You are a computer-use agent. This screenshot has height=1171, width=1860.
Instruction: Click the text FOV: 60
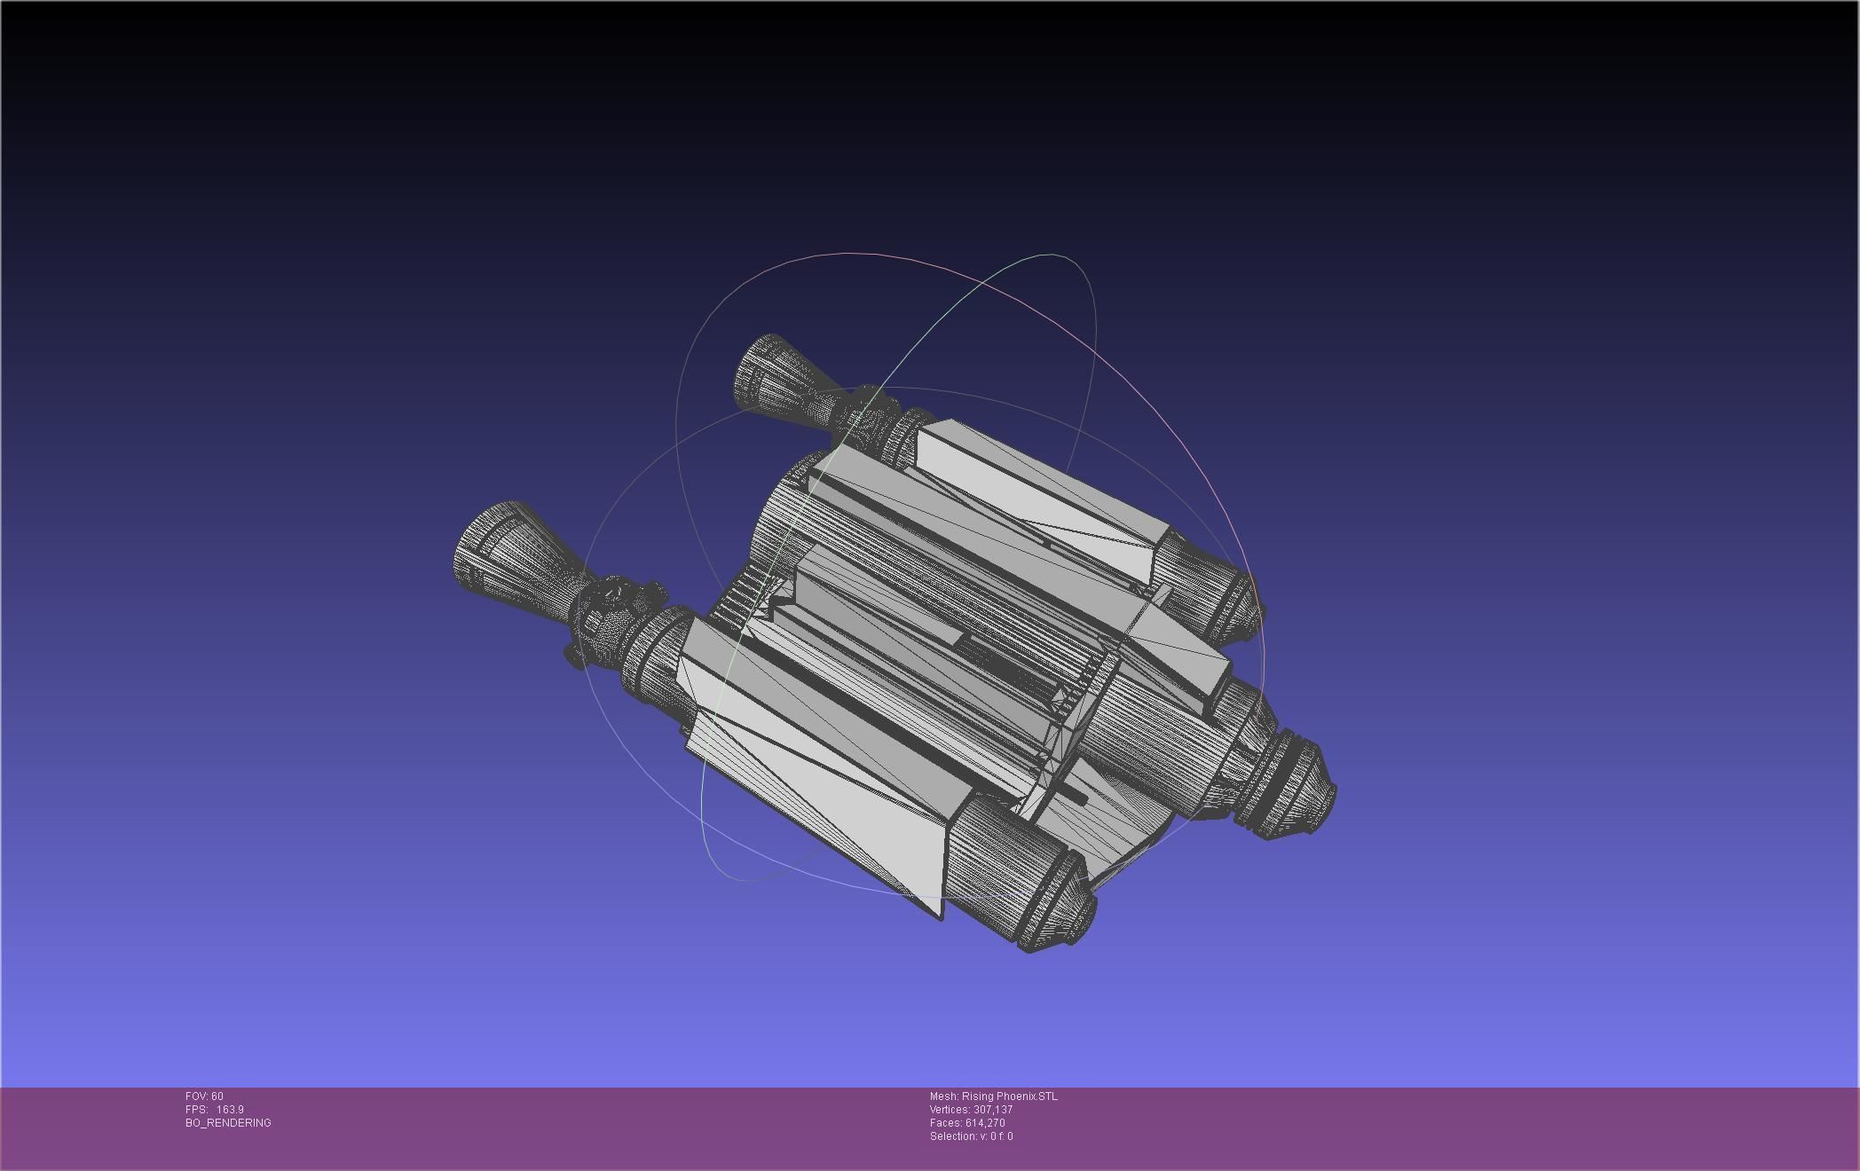pyautogui.click(x=204, y=1096)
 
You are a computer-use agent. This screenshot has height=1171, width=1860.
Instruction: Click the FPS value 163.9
pyautogui.click(x=229, y=1110)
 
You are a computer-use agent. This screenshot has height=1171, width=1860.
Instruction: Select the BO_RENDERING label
pyautogui.click(x=228, y=1123)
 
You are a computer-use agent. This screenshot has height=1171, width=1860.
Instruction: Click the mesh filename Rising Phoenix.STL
pyautogui.click(x=1009, y=1096)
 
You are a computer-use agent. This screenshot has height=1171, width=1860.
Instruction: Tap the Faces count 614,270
pyautogui.click(x=985, y=1123)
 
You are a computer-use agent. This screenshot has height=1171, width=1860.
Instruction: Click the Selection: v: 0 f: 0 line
pyautogui.click(x=971, y=1136)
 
